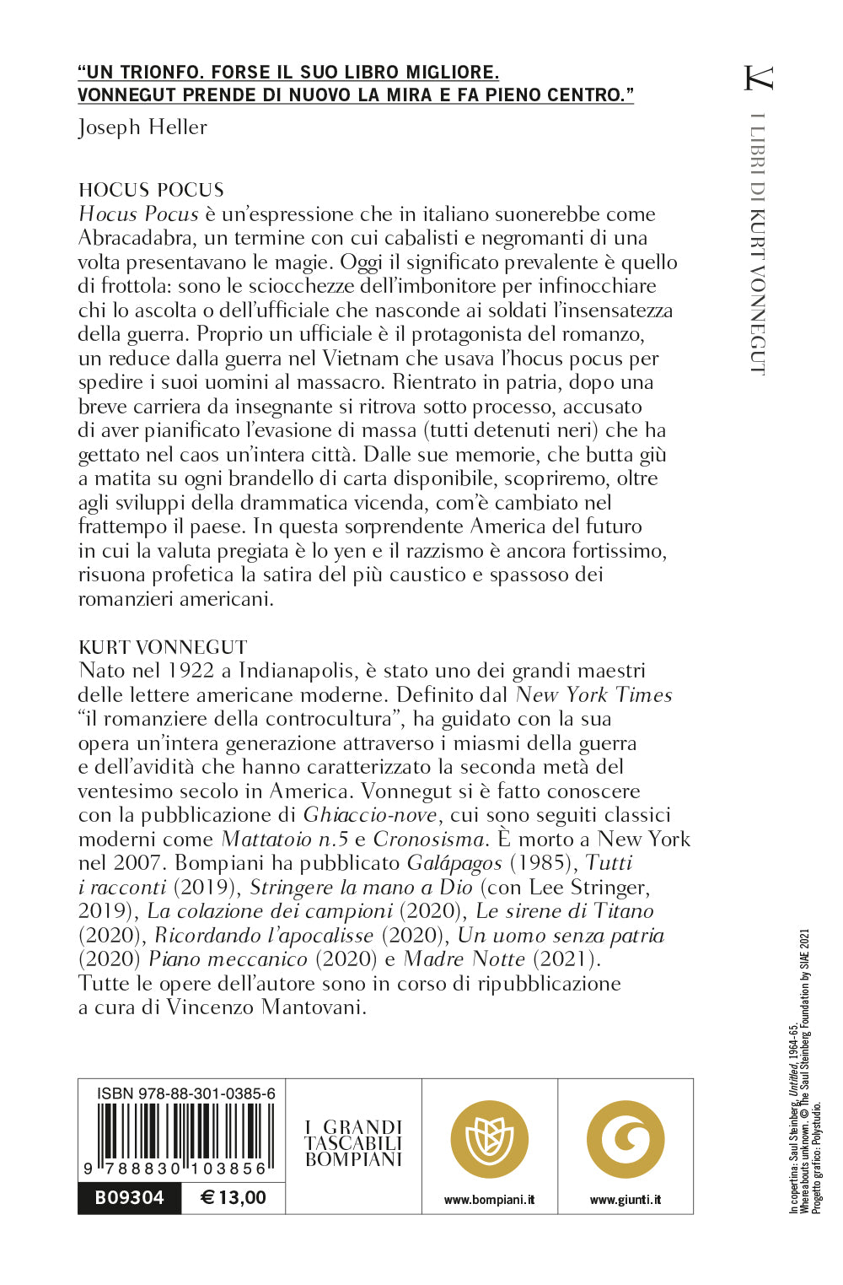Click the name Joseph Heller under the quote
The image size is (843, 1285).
[142, 127]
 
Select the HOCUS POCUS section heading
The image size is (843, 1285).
[151, 190]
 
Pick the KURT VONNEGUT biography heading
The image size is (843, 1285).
[163, 647]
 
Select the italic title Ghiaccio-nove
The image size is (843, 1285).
[370, 815]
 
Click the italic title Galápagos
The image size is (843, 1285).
[454, 863]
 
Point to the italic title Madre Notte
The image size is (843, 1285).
[464, 959]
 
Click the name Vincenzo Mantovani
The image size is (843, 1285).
[266, 1007]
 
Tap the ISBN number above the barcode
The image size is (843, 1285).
[186, 1093]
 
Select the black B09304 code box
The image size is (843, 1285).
[129, 1198]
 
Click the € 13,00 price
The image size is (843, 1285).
[233, 1198]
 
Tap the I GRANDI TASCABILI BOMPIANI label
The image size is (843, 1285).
[354, 1143]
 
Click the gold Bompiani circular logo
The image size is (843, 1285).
[489, 1140]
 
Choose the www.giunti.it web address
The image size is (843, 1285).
[625, 1200]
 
